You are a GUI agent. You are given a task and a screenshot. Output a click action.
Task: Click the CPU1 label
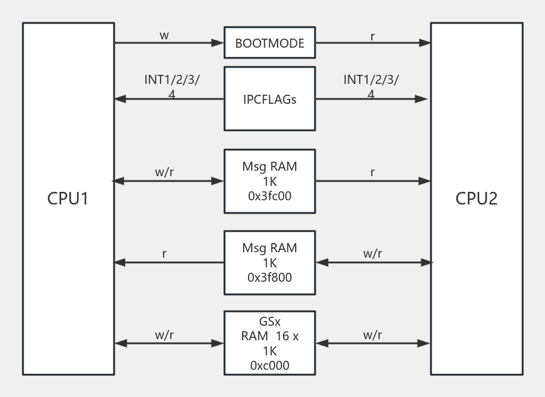(68, 198)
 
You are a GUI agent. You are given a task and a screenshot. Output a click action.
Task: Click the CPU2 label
(476, 198)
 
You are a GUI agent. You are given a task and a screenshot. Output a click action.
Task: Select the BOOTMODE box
(269, 43)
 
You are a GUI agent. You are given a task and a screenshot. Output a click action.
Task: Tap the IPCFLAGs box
(269, 99)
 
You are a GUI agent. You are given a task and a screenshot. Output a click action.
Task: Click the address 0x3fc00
(269, 195)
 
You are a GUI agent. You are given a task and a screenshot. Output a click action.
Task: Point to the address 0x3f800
(269, 278)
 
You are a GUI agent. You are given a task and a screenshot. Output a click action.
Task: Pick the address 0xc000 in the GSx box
(269, 365)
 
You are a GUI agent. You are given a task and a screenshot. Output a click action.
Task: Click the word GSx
(269, 322)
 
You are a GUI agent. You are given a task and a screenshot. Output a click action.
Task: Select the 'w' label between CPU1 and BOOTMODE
(164, 36)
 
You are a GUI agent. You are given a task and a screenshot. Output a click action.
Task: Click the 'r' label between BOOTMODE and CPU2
(372, 36)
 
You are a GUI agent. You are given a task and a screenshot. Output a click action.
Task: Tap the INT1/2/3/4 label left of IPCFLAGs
(172, 86)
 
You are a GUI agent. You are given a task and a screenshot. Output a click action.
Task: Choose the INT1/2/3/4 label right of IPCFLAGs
(371, 86)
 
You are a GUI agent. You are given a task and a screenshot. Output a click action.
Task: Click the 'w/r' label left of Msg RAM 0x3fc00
(164, 172)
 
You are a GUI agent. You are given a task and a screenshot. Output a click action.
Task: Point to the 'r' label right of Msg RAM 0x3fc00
(372, 173)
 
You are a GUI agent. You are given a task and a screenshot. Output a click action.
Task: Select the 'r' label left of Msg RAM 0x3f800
(164, 254)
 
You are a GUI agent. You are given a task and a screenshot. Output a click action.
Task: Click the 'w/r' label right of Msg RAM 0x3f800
(372, 253)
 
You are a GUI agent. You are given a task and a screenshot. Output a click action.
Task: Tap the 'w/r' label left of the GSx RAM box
(164, 335)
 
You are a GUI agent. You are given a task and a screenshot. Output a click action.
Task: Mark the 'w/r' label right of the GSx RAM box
(372, 335)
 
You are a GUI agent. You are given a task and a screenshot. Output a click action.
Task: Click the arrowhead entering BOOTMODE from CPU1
(218, 43)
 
